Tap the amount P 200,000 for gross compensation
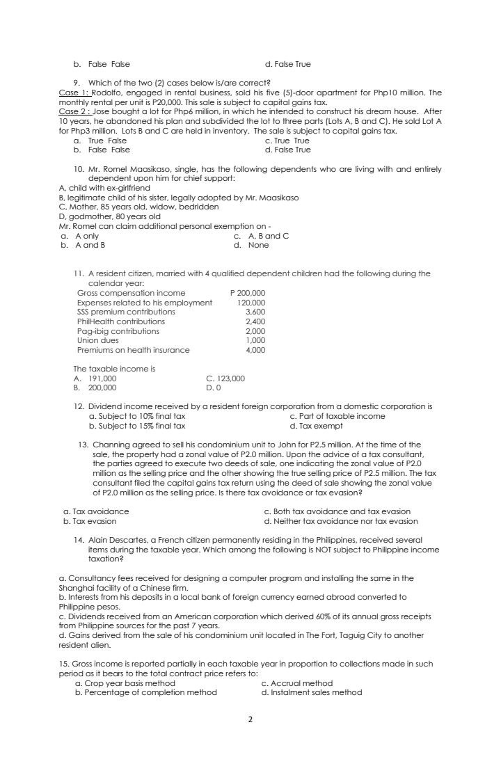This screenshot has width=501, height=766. click(247, 293)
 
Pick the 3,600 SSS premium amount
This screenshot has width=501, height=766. click(255, 312)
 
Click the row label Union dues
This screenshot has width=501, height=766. click(98, 340)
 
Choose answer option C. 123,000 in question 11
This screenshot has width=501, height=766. click(225, 378)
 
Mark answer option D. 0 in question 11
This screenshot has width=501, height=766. click(214, 387)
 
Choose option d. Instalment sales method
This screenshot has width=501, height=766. click(311, 692)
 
